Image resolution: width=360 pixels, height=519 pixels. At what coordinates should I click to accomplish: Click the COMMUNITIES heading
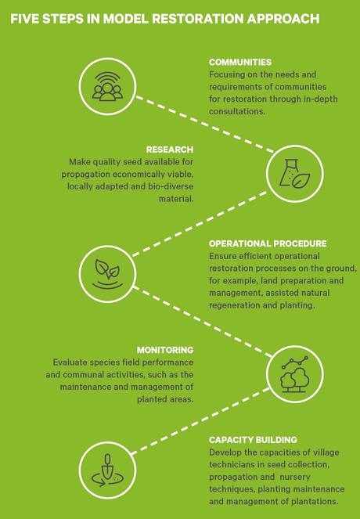pos(240,62)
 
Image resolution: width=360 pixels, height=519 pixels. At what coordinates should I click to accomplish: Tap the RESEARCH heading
pos(170,150)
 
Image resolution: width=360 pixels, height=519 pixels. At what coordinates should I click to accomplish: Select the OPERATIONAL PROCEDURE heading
pos(268,243)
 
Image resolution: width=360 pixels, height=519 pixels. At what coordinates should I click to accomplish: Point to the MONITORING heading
pos(165,350)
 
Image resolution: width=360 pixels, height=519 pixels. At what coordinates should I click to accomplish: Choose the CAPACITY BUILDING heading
pos(253,440)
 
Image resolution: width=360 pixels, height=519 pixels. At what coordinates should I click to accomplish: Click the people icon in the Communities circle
pos(107,87)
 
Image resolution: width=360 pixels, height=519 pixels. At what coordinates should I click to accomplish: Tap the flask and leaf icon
pos(294,174)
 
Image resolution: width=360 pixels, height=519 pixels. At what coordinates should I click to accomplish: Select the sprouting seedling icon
pos(107,274)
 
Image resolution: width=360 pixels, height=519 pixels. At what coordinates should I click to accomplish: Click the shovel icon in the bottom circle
pos(107,470)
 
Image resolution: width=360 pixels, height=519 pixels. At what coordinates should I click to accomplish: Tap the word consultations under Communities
pos(237,111)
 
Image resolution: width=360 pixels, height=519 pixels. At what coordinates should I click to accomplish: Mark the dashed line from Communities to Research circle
pos(205,124)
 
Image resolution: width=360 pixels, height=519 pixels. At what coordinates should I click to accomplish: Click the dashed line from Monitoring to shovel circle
pos(200,421)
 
